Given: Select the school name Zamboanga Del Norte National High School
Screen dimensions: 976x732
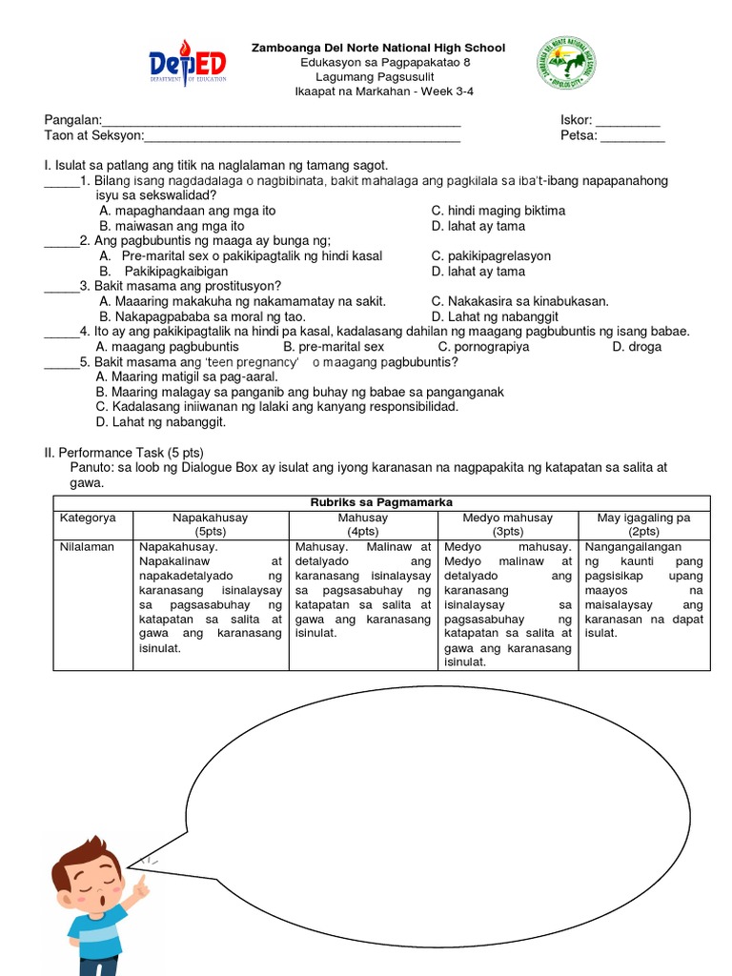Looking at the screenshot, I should [x=377, y=48].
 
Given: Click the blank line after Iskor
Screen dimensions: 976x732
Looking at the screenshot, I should [x=627, y=121].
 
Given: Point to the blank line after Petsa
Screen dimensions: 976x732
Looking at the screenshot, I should [x=633, y=136].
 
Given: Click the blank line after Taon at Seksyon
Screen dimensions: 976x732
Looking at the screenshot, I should [x=302, y=136].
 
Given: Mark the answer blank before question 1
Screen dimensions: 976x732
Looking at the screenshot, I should [x=62, y=181].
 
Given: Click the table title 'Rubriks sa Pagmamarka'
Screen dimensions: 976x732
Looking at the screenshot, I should [x=381, y=502].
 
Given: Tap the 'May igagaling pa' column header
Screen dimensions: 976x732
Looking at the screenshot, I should [x=644, y=524].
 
